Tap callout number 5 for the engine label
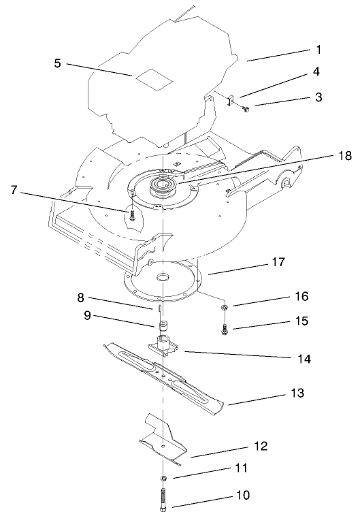coord(58,63)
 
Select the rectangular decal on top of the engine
coord(150,79)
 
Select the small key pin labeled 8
coord(158,308)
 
